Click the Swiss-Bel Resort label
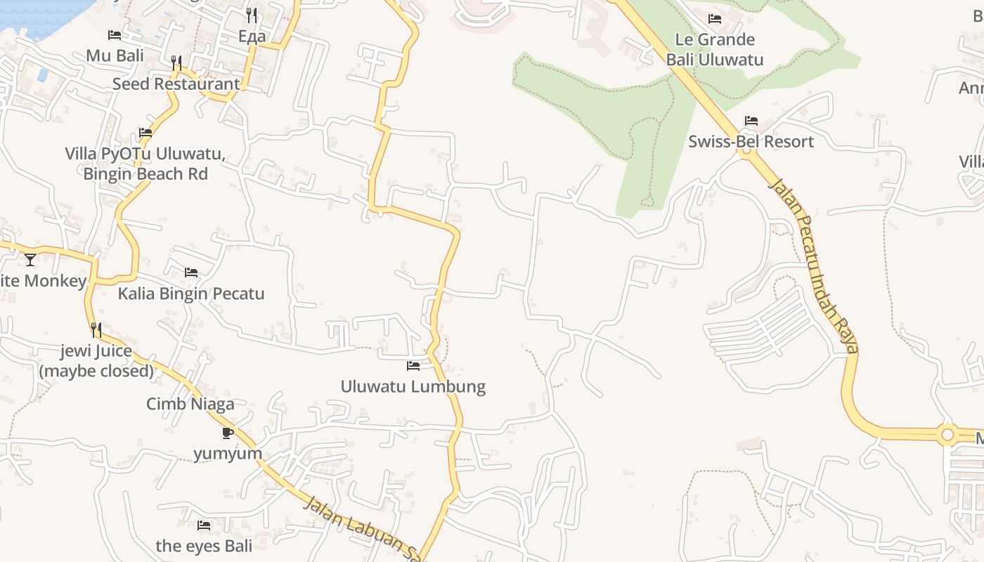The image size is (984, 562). click(x=751, y=141)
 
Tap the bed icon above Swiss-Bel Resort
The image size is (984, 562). click(x=751, y=121)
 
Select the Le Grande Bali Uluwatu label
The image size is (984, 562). click(x=715, y=49)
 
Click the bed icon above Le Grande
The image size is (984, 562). click(x=715, y=19)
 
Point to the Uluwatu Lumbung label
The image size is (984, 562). click(x=413, y=386)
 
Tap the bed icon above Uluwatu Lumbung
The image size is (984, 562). click(x=413, y=366)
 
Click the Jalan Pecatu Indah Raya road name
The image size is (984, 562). click(x=815, y=265)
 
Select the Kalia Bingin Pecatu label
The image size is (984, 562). click(x=191, y=293)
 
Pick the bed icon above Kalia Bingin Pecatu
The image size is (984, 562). click(x=191, y=273)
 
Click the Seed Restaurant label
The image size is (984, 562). click(x=176, y=84)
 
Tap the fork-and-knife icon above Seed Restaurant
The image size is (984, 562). click(x=176, y=63)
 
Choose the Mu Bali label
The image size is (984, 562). click(x=115, y=55)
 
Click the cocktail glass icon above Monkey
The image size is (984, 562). click(x=30, y=260)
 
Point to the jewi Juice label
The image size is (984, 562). click(x=96, y=360)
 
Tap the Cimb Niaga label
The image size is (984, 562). click(x=190, y=404)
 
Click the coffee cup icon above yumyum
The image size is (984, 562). click(x=227, y=433)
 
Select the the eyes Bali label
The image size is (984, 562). click(x=204, y=546)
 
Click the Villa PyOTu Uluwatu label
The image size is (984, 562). click(x=145, y=163)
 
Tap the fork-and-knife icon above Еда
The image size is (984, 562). click(x=252, y=15)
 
